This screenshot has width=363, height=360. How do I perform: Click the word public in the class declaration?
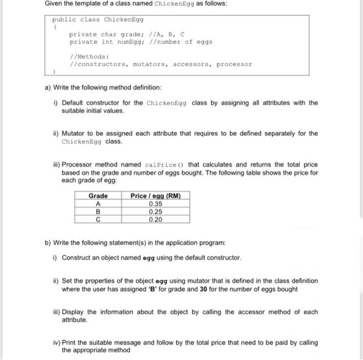[62, 20]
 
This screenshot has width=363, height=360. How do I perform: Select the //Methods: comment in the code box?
[86, 57]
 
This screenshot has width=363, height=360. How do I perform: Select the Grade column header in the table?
[98, 196]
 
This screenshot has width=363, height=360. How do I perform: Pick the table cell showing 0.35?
[155, 204]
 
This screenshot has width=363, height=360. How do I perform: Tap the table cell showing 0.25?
[155, 211]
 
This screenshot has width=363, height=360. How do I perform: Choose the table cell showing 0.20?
[155, 219]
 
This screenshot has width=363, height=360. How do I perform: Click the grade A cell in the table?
[98, 204]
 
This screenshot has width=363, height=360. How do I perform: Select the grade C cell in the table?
[98, 219]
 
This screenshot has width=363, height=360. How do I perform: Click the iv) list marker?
[55, 343]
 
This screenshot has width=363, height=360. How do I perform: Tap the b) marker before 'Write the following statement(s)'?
[48, 242]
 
